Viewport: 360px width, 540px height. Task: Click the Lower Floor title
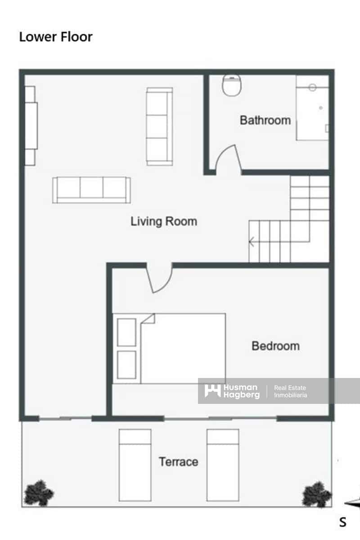[x=56, y=37]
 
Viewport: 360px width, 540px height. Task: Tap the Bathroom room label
[x=265, y=120]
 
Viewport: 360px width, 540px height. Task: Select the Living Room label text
[x=164, y=221]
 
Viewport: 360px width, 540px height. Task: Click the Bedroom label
[x=275, y=346]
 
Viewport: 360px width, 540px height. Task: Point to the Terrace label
[x=178, y=462]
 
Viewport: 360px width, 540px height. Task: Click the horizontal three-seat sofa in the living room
[x=91, y=190]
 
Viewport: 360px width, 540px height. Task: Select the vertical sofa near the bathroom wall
[x=159, y=126]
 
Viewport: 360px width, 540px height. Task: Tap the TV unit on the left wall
[x=31, y=126]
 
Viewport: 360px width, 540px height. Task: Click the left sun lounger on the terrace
[x=135, y=464]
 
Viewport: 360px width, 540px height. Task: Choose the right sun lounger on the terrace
[x=223, y=464]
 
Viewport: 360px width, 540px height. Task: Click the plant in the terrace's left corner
[x=39, y=492]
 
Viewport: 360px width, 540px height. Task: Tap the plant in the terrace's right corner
[x=317, y=494]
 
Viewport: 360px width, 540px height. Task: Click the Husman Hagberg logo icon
[x=212, y=391]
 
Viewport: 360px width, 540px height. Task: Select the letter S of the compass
[x=343, y=522]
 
